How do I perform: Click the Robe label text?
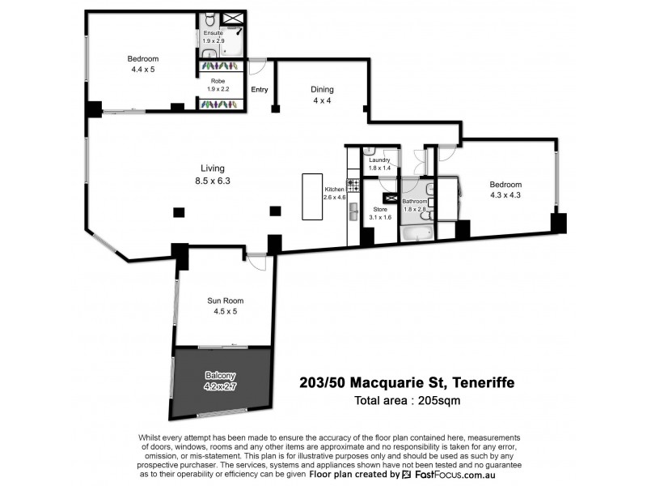point(218,81)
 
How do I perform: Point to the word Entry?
point(260,90)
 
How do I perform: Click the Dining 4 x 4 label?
point(323,95)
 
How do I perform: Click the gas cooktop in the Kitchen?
point(353,185)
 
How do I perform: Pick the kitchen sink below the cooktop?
point(353,211)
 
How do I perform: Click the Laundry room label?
point(379,160)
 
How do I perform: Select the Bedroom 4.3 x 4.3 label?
point(505,190)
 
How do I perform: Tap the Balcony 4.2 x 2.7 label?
point(220,381)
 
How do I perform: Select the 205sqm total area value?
point(439,400)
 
